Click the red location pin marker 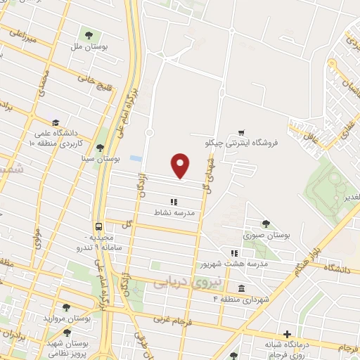coord(181,165)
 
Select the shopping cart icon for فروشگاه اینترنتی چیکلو coord(241,131)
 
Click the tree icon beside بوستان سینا coord(100,148)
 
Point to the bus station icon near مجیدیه coord(98,226)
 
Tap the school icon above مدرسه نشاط coord(174,202)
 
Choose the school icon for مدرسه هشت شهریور coord(235,254)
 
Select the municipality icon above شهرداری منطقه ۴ coord(241,289)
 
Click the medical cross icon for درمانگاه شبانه coord(286,335)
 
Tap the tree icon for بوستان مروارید coord(66,307)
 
